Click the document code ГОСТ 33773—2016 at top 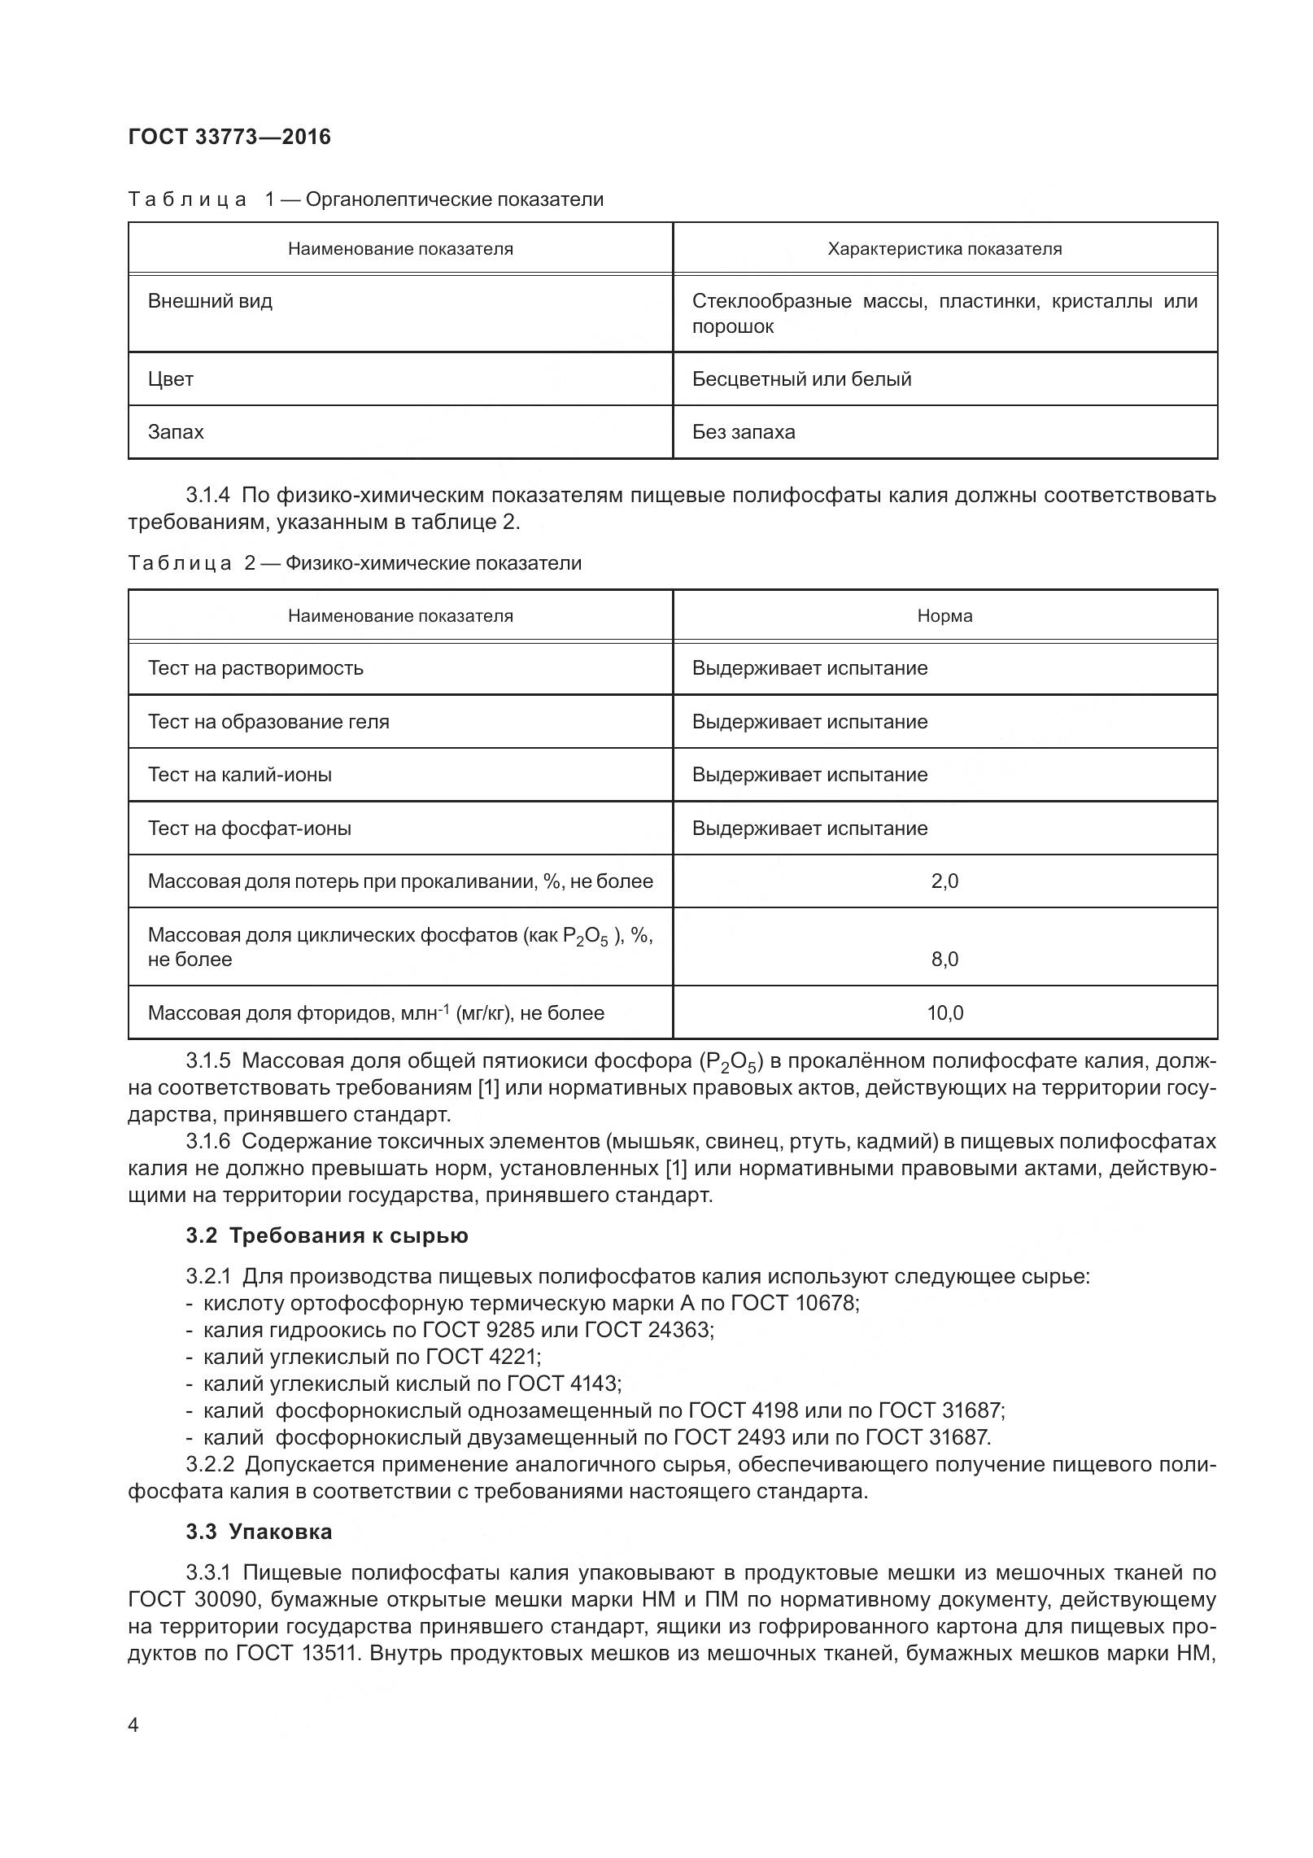point(229,137)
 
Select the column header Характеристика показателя point(944,249)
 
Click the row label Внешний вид point(210,301)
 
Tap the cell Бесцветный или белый point(801,379)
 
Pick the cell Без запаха point(744,432)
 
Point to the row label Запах point(176,432)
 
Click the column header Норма point(944,616)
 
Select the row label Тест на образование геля point(268,722)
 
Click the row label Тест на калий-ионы point(240,775)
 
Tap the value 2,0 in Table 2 point(944,881)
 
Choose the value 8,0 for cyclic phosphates point(944,960)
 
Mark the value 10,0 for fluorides point(944,1013)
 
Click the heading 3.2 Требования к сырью point(327,1235)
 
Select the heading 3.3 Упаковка point(259,1532)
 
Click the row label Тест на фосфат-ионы point(250,828)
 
